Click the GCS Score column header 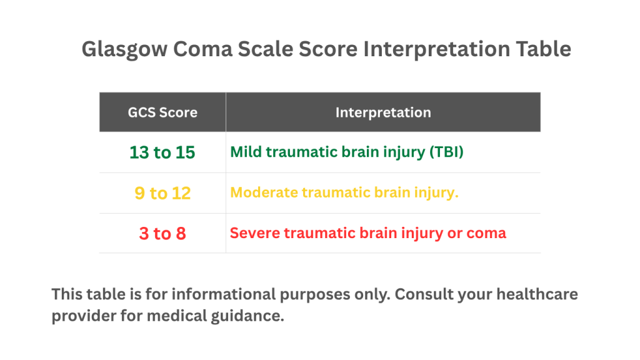[x=162, y=112]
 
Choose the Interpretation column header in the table [x=382, y=112]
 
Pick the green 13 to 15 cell [x=162, y=152]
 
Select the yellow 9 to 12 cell [x=162, y=194]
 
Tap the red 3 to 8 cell [x=162, y=234]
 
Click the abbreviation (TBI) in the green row [x=446, y=152]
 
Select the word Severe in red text [x=251, y=233]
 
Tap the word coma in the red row [x=487, y=233]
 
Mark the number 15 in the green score [x=185, y=152]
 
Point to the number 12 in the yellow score [x=181, y=194]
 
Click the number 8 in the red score [x=181, y=234]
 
